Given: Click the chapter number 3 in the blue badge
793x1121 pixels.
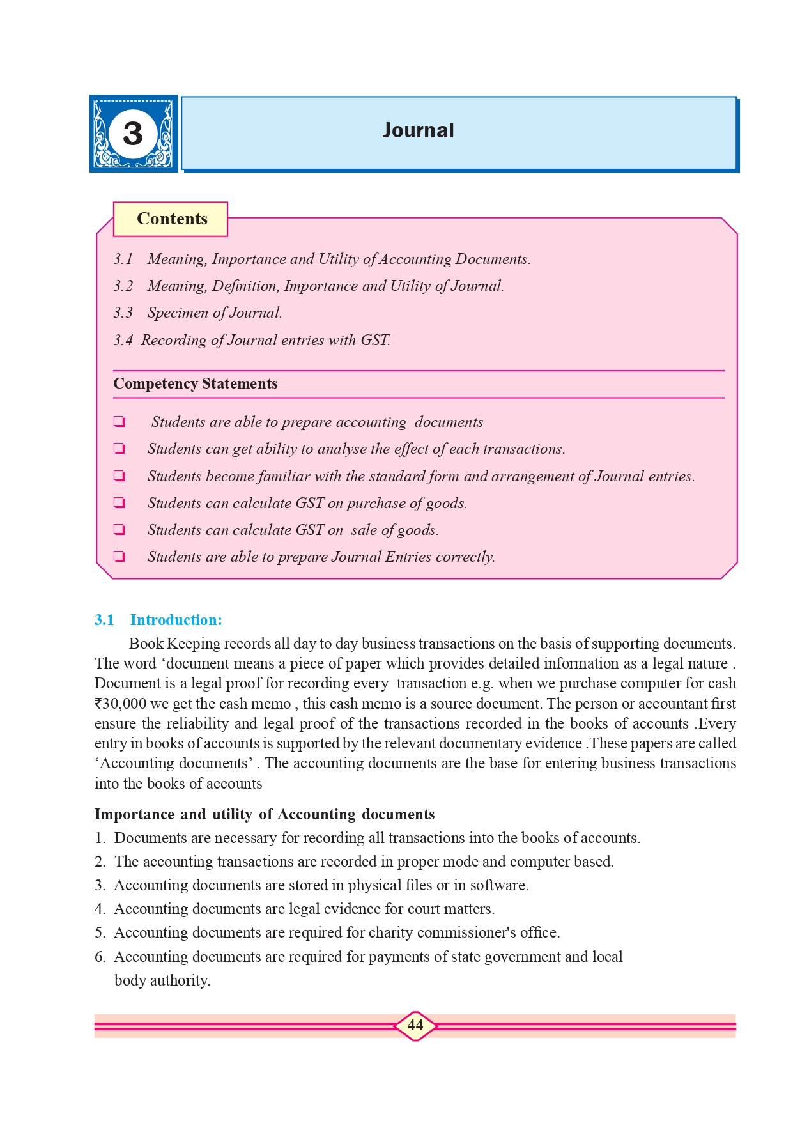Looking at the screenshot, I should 133,134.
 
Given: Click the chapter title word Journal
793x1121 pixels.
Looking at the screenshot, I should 418,130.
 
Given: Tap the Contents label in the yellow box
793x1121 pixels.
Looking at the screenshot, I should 172,219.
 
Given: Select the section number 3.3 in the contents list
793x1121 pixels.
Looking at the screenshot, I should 123,313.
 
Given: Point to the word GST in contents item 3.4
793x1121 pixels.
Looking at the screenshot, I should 374,340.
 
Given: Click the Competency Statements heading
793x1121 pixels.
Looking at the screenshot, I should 195,383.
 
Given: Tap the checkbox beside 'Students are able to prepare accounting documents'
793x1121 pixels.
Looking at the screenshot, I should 119,422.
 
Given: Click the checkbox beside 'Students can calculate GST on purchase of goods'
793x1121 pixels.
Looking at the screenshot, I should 119,503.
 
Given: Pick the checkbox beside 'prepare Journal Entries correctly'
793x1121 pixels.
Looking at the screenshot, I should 119,557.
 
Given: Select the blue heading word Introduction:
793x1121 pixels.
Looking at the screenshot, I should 176,620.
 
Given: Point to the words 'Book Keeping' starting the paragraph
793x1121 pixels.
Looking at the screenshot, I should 166,644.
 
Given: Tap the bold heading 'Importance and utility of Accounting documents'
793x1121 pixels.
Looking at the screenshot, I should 265,814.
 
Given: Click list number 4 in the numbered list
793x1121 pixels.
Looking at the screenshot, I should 100,909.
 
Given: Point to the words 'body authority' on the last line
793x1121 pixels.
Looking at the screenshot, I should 162,980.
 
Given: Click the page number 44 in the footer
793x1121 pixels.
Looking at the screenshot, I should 415,1025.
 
